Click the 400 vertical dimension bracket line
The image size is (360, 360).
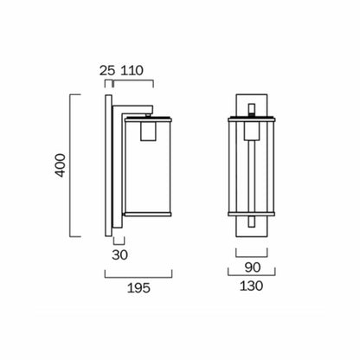pyautogui.click(x=71, y=166)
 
